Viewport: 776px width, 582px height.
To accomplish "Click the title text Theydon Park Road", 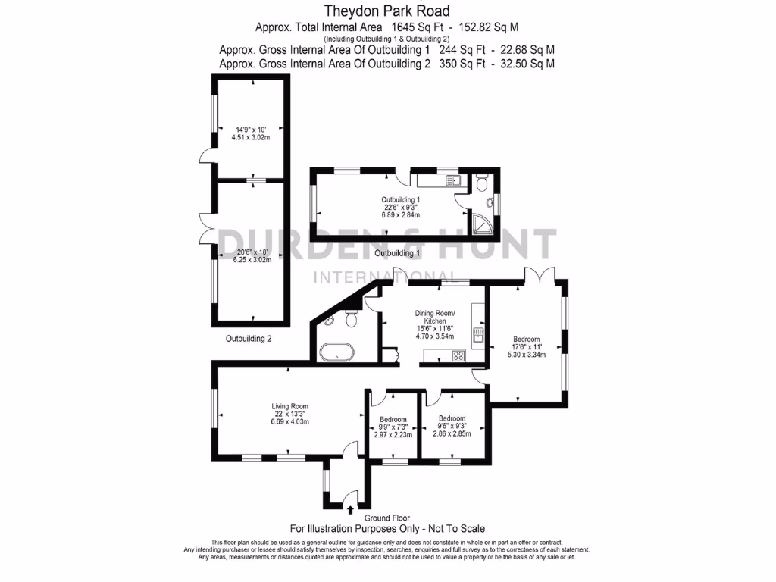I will pyautogui.click(x=387, y=11).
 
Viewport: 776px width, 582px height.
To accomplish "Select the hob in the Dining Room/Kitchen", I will pyautogui.click(x=458, y=355).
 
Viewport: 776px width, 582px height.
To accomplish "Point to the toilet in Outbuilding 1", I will pyautogui.click(x=481, y=184).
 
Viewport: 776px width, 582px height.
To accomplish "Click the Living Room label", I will pyautogui.click(x=289, y=406).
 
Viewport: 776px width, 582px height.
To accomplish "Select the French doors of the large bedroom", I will pyautogui.click(x=541, y=276).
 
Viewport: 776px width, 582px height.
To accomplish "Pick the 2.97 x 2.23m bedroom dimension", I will pyautogui.click(x=393, y=435).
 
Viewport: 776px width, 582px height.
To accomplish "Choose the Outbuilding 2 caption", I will pyautogui.click(x=248, y=339).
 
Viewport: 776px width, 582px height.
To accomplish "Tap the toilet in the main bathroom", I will pyautogui.click(x=350, y=321).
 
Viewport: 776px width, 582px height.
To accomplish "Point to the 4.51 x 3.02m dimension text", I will pyautogui.click(x=251, y=138).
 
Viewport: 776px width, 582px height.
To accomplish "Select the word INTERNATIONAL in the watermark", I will pyautogui.click(x=384, y=277).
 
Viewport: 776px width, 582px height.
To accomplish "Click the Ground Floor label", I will pyautogui.click(x=387, y=518).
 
